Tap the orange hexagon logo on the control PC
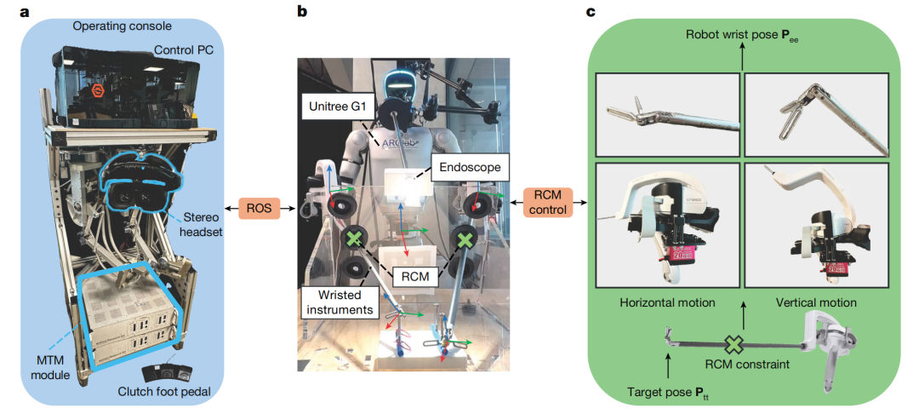(97, 91)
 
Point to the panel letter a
(25, 12)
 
